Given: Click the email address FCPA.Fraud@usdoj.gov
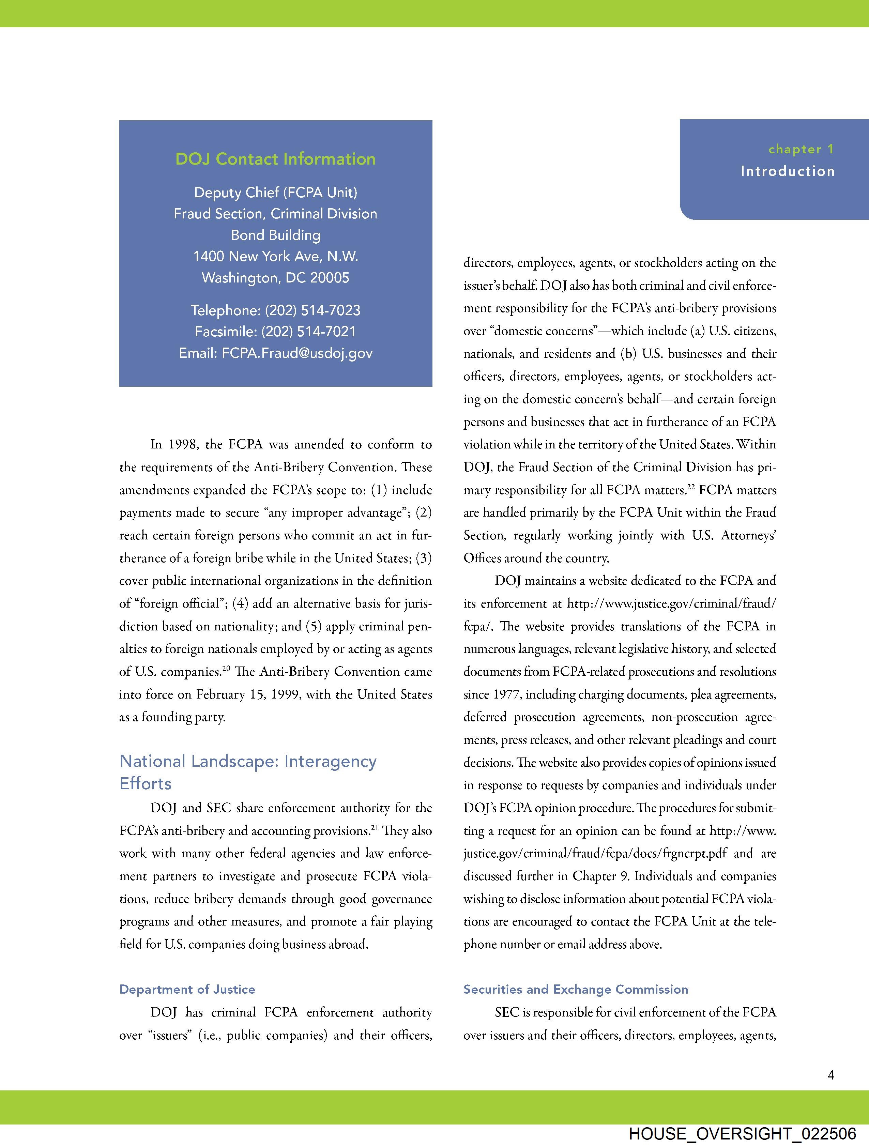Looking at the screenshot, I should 297,353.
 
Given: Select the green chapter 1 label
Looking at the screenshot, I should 801,150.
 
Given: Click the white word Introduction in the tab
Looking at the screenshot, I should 788,171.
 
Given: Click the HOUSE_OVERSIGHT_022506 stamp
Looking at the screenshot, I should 742,1133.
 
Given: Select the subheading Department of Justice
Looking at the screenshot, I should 187,989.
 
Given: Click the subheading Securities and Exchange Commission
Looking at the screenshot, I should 576,989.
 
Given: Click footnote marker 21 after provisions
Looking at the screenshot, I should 374,827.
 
